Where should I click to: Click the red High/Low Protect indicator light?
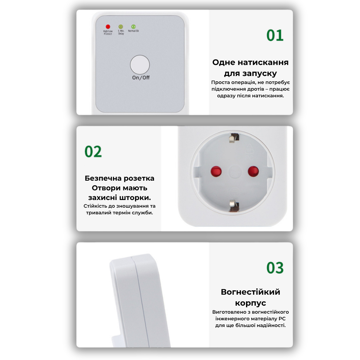(x=108, y=27)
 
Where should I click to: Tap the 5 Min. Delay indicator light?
(x=121, y=27)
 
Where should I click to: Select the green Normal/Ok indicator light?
(x=133, y=27)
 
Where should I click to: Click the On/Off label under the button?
(x=141, y=78)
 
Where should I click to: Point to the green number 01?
(x=275, y=35)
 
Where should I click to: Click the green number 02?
(x=93, y=152)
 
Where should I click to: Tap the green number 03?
(x=275, y=268)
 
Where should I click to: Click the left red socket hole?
(x=216, y=172)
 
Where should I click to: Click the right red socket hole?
(x=253, y=172)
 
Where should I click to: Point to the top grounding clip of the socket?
(x=234, y=138)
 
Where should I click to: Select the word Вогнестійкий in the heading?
(x=250, y=292)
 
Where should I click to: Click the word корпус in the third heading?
(x=250, y=303)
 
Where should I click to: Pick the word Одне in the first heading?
(x=224, y=62)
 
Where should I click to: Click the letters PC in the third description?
(x=282, y=319)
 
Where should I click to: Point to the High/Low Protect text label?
(x=108, y=32)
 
